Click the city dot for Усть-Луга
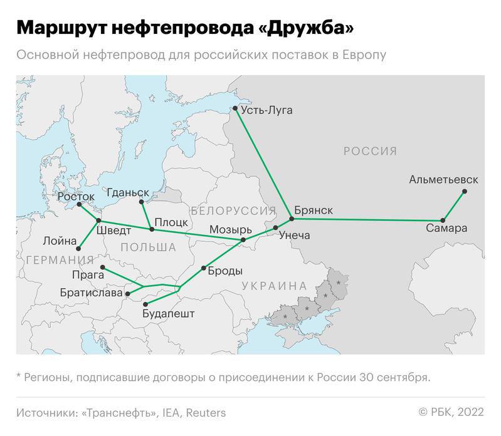[235, 108]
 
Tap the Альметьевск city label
[443, 180]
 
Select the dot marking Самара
[443, 221]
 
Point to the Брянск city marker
[292, 219]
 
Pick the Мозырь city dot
[243, 240]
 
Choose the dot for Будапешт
[144, 304]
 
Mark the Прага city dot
[103, 268]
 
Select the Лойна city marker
[78, 249]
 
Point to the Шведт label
[114, 231]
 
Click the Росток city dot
[79, 205]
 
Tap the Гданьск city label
[129, 192]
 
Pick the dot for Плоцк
[152, 229]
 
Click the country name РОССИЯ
[370, 151]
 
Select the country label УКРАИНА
[274, 286]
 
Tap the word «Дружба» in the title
[308, 28]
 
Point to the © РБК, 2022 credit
[451, 412]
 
